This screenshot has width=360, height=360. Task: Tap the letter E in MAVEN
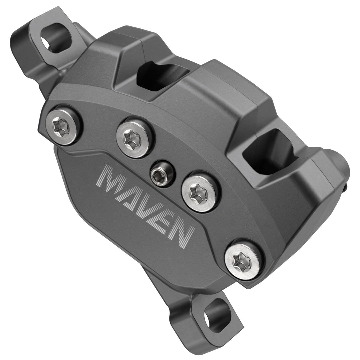pyautogui.click(x=166, y=223)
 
